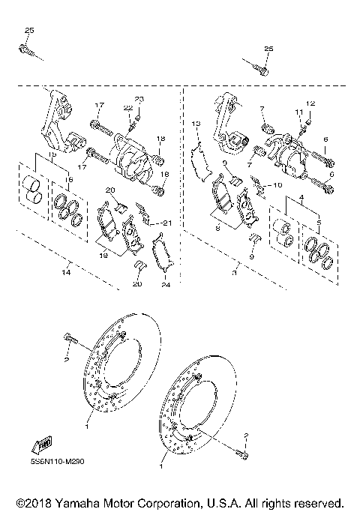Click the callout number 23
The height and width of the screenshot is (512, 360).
[138, 100]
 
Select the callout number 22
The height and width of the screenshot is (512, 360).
[128, 109]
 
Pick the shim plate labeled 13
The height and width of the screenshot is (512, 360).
[199, 160]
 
